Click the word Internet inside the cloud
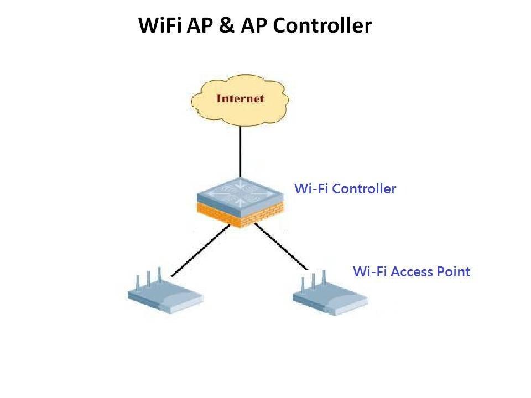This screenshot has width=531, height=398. tap(240, 99)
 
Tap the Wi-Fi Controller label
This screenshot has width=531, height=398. tap(345, 189)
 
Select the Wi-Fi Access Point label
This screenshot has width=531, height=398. tap(412, 272)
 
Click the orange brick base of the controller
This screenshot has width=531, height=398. tap(241, 214)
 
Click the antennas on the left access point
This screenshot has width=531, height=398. tap(148, 279)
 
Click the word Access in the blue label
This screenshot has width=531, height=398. tap(412, 272)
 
